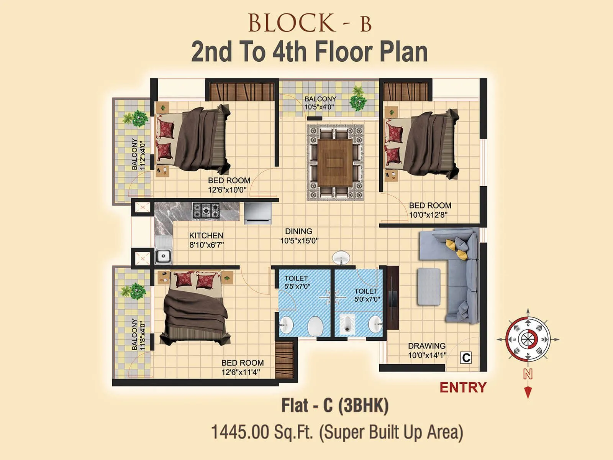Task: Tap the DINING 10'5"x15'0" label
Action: point(299,236)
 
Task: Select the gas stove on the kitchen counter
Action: point(206,211)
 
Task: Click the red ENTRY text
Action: point(463,387)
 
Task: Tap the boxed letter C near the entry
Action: point(466,358)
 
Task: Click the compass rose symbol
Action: point(528,340)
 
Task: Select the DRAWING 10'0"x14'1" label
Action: point(427,350)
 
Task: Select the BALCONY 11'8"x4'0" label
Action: point(138,334)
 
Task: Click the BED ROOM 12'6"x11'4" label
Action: point(242,367)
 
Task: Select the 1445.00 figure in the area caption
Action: point(240,432)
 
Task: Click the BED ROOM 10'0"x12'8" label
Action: point(429,210)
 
